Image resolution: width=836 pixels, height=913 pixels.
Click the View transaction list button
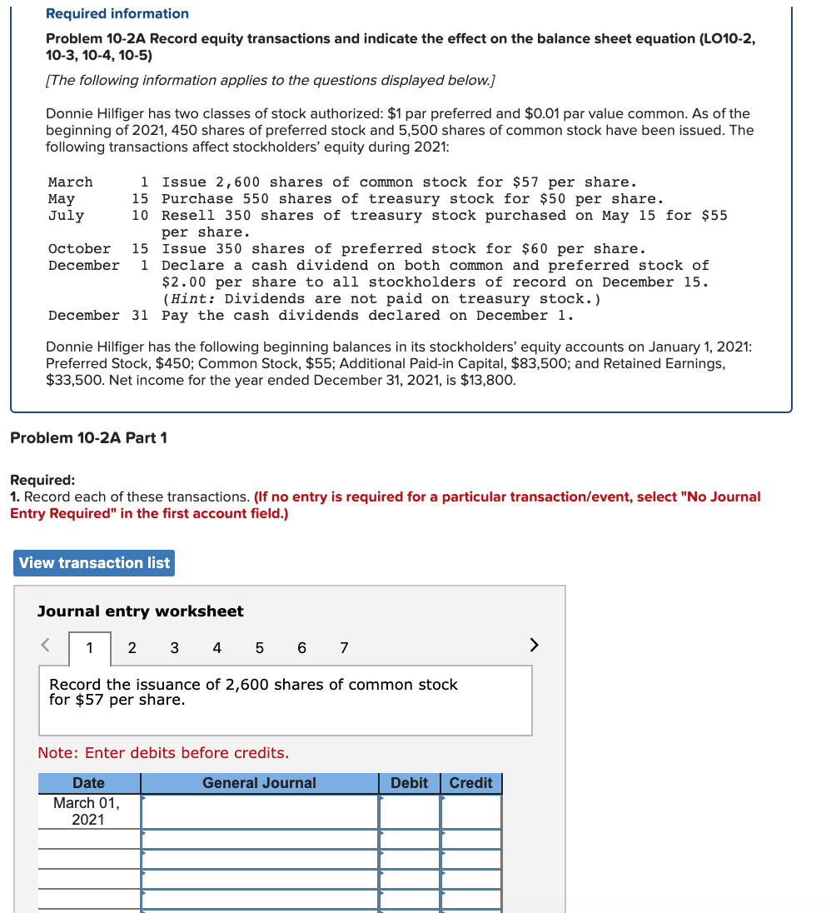pos(94,563)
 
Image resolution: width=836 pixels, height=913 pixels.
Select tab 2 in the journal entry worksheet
pos(132,647)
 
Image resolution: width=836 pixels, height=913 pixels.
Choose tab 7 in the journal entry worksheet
pos(343,647)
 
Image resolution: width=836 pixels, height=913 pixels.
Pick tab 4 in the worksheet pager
pos(216,647)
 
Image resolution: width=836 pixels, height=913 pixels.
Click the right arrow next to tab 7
pos(534,645)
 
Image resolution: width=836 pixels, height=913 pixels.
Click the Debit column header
pos(409,783)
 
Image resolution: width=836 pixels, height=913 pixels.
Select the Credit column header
pos(470,783)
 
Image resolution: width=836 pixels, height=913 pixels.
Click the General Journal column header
pos(259,783)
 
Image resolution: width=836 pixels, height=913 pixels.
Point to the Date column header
pos(88,783)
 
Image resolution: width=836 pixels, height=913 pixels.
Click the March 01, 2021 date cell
pos(87,811)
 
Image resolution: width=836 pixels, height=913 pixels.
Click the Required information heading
pos(117,13)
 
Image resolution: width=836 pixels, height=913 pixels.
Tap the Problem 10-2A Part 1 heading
pos(88,437)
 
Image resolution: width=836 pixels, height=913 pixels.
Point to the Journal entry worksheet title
pos(140,611)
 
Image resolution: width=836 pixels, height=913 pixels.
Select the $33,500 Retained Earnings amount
pos(72,380)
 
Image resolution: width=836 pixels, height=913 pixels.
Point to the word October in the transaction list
pos(79,248)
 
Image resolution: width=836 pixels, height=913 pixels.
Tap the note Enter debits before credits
pos(163,753)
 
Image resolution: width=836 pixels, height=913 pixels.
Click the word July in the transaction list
pos(66,215)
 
